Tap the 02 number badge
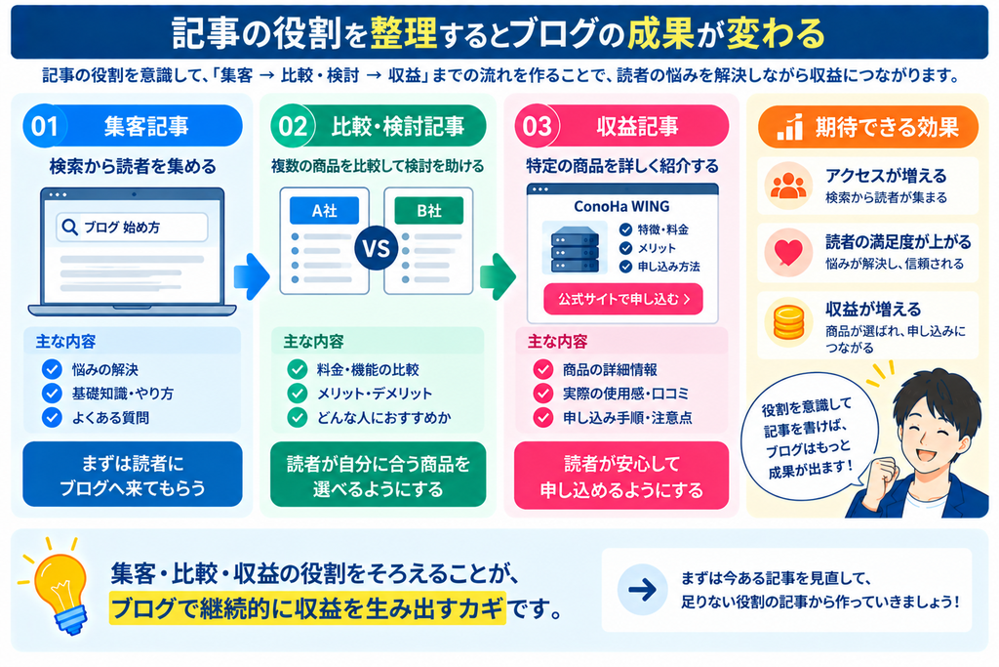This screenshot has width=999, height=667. [x=292, y=126]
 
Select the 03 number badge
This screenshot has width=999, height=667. [x=537, y=126]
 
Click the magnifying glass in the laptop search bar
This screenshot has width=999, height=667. [x=69, y=227]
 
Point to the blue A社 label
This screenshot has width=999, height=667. [x=324, y=210]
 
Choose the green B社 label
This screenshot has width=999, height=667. [x=429, y=210]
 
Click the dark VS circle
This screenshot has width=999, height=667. [x=377, y=248]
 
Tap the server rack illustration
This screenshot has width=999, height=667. [x=574, y=248]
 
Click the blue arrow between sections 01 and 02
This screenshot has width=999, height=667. [x=252, y=276]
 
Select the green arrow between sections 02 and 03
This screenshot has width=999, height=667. [x=498, y=276]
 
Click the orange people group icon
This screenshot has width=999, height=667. [x=788, y=186]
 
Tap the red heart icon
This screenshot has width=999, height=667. [x=788, y=253]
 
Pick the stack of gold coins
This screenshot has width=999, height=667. [x=788, y=322]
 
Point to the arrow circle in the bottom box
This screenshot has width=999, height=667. [x=642, y=590]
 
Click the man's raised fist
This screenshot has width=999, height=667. [x=882, y=473]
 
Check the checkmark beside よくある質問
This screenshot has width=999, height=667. [x=52, y=418]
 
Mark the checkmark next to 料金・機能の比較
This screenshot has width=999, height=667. [x=297, y=369]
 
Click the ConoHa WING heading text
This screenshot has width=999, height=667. [x=621, y=207]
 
